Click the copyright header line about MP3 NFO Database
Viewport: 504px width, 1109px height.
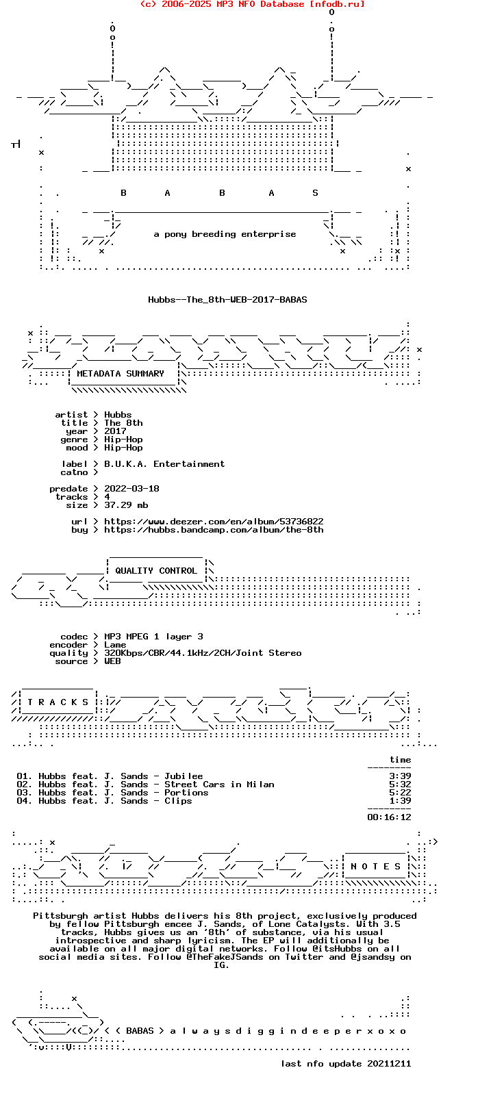click(x=252, y=4)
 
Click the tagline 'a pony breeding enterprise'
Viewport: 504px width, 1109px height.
click(x=225, y=234)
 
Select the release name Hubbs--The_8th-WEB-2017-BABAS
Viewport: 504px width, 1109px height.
click(x=227, y=300)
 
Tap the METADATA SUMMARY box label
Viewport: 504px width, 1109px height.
click(x=121, y=374)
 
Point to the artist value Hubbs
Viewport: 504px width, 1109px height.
click(x=118, y=415)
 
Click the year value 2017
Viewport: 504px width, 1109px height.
click(x=115, y=431)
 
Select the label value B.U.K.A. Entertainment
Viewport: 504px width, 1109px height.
click(x=164, y=464)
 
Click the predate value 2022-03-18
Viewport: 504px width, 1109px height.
click(x=131, y=489)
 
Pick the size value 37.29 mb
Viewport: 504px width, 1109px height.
click(x=126, y=505)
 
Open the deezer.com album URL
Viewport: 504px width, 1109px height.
click(x=214, y=522)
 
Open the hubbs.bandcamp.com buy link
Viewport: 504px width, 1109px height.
click(x=214, y=530)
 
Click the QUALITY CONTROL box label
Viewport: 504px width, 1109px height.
click(x=156, y=571)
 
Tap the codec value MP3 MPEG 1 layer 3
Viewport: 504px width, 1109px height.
click(x=153, y=637)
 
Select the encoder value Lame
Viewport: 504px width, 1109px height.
click(x=115, y=645)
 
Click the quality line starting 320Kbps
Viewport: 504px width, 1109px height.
click(x=203, y=653)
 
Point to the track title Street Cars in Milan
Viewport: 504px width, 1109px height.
click(x=219, y=785)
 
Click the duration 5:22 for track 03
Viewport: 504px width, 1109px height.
click(x=400, y=793)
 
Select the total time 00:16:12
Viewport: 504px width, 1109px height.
click(x=389, y=817)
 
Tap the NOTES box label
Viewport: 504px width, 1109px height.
click(x=375, y=867)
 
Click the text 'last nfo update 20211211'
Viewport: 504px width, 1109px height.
click(x=346, y=1064)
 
